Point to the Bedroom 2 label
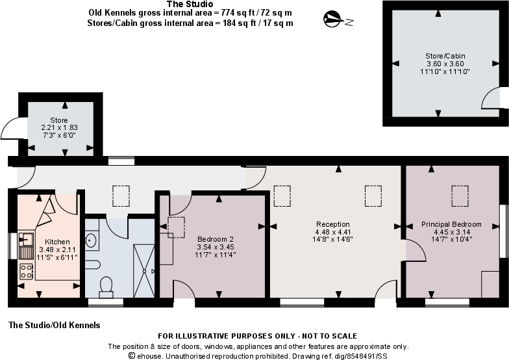pos(215,239)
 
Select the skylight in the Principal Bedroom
pos(460,194)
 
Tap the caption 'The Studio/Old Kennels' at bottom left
pos(54,324)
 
